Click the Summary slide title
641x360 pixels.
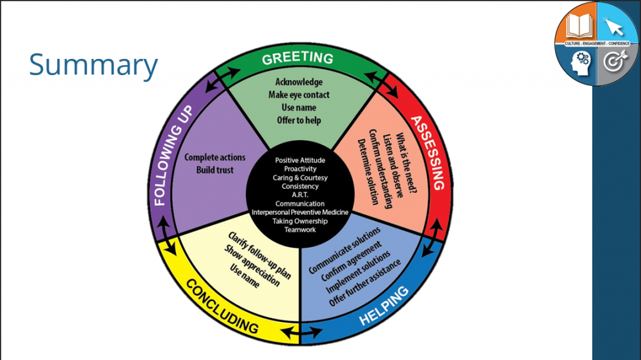(x=93, y=66)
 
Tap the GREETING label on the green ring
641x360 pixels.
(x=297, y=58)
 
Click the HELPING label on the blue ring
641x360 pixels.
(x=384, y=306)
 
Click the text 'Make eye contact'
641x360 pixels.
(x=299, y=95)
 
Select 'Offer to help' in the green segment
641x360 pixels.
(x=299, y=120)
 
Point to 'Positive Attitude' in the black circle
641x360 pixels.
(x=300, y=160)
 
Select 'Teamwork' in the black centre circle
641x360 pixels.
(x=300, y=230)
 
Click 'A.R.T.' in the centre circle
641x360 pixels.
(x=300, y=195)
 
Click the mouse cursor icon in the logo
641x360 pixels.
(x=615, y=26)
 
